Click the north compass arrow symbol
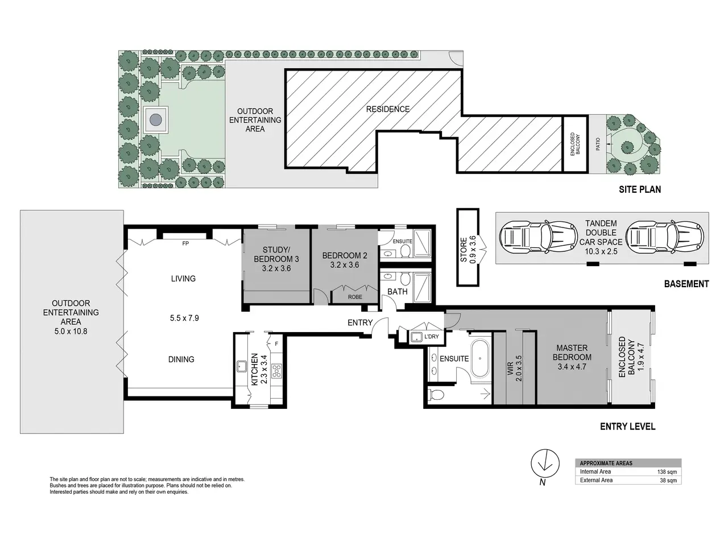point(545,464)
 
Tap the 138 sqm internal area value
point(667,471)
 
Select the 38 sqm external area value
point(668,481)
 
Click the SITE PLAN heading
point(640,189)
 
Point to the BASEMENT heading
point(686,284)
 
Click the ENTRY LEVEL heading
point(627,427)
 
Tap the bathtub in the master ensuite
point(479,358)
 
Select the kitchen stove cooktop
point(276,371)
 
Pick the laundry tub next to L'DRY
point(416,337)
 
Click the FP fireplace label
point(185,243)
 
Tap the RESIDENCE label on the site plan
point(388,109)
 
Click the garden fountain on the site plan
point(155,119)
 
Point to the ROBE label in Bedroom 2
point(355,297)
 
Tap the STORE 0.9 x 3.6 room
point(468,247)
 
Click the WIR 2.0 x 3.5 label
point(514,369)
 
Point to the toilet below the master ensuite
point(436,395)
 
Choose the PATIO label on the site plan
point(598,144)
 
